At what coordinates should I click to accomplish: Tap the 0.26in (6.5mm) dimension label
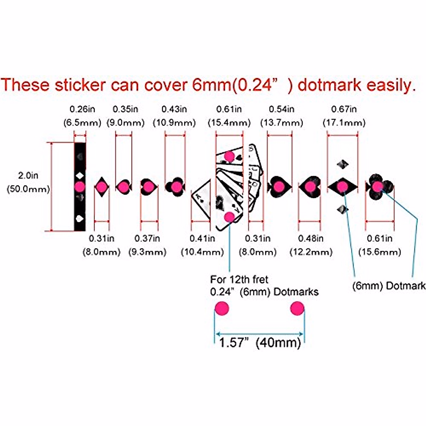(x=82, y=116)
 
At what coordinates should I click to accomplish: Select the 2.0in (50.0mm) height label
(x=28, y=182)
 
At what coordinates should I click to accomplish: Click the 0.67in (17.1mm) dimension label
(x=344, y=116)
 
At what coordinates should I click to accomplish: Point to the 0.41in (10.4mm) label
(x=202, y=245)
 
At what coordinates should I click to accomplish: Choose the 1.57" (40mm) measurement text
(x=260, y=343)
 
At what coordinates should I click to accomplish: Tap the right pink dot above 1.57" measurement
(x=297, y=308)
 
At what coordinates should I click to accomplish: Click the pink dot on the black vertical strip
(x=80, y=186)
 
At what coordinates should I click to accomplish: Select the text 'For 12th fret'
(x=239, y=279)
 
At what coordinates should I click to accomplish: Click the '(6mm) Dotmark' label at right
(x=388, y=286)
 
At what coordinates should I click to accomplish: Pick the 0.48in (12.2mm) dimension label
(x=311, y=245)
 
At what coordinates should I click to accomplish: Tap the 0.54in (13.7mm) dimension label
(x=282, y=116)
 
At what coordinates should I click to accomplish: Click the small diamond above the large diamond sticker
(x=343, y=164)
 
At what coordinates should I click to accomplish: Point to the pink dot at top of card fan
(x=230, y=156)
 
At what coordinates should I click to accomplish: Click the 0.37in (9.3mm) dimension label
(x=147, y=245)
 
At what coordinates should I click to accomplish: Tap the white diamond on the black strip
(x=80, y=175)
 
